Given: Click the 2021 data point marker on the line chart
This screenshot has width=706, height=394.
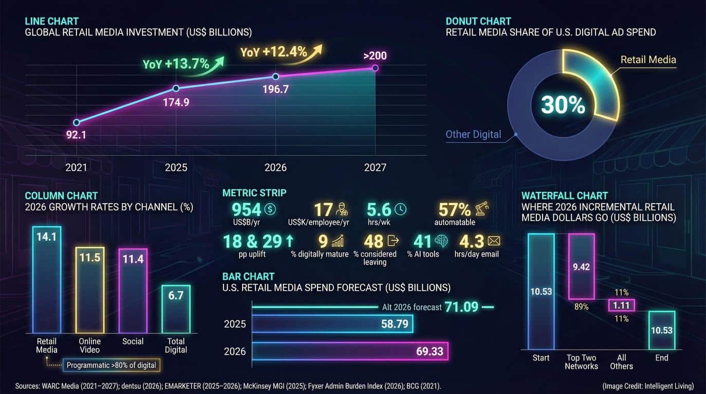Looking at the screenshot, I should coord(77,122).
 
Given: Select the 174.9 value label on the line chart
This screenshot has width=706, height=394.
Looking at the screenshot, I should coord(176,102).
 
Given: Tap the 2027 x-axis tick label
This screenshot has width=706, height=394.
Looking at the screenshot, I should coord(375,168).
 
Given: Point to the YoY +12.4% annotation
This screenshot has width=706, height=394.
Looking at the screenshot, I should coord(274,52).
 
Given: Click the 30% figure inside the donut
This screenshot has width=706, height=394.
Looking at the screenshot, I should coord(563,105).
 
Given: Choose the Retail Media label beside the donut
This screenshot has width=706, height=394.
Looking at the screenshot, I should coord(648,60).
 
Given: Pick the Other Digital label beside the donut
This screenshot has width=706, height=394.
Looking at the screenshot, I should coord(473,134).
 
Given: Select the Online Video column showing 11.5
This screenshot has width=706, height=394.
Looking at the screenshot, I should coord(90,290).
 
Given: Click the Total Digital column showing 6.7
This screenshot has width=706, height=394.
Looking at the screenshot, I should coord(176,309).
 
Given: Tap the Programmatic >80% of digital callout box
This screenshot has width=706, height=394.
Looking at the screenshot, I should coord(111,366).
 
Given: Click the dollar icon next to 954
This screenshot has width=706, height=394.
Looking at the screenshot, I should coord(270,209).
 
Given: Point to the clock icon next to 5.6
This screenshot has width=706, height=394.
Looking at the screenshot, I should coord(400,209).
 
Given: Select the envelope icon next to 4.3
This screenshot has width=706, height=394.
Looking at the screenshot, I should coord(494,241).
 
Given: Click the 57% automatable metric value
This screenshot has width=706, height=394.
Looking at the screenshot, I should coord(454,209).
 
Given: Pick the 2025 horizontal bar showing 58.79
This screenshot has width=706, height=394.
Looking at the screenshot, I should coord(332,324).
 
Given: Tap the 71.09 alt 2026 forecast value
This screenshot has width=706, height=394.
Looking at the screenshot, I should coord(461,307).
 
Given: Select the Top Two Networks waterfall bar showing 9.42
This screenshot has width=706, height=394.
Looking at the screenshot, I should coord(581,266).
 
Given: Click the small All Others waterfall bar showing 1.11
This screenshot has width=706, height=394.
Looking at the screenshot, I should coord(621,306).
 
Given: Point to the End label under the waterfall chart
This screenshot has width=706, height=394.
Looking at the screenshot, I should coord(661,357).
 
